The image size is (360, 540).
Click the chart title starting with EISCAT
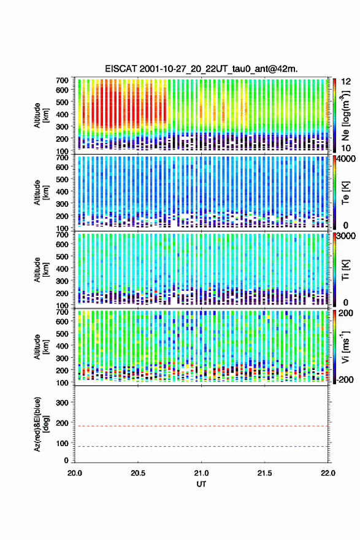pyautogui.click(x=201, y=69)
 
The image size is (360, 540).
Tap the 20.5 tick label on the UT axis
pyautogui.click(x=137, y=473)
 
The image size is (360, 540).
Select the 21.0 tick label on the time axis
pyautogui.click(x=201, y=473)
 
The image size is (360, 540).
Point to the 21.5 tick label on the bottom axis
pyautogui.click(x=264, y=473)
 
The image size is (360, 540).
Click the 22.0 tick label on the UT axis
pyautogui.click(x=327, y=473)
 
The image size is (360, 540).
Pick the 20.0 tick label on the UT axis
pyautogui.click(x=75, y=473)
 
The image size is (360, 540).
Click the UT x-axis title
pyautogui.click(x=201, y=484)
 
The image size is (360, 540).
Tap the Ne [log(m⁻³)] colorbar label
pyautogui.click(x=345, y=115)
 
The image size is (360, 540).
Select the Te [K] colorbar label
pyautogui.click(x=345, y=193)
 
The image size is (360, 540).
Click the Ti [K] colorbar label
pyautogui.click(x=345, y=270)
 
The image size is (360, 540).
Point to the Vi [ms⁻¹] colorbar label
pyautogui.click(x=345, y=347)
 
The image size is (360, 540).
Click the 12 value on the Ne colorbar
pyautogui.click(x=345, y=82)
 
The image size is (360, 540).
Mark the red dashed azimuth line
pyautogui.click(x=201, y=426)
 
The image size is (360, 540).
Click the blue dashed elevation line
pyautogui.click(x=201, y=446)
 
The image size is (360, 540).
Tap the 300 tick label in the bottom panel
pyautogui.click(x=62, y=403)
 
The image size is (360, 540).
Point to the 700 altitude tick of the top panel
pyautogui.click(x=62, y=80)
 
